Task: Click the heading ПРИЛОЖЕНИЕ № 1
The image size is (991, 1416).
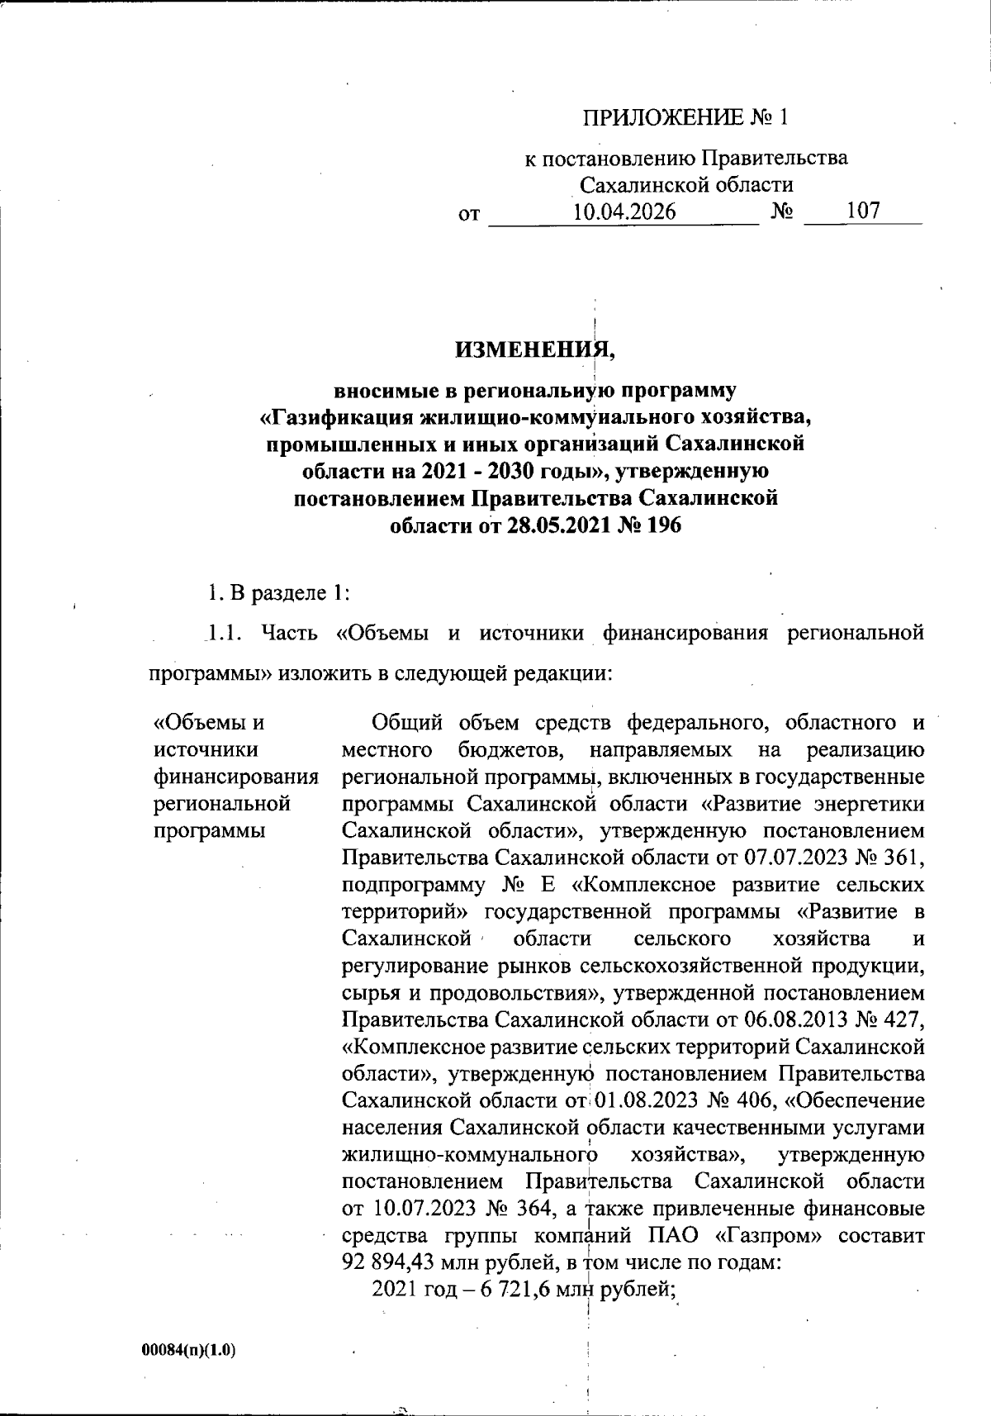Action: [x=686, y=118]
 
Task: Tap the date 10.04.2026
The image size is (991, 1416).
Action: [x=624, y=211]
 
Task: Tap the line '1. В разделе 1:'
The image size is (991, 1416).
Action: [x=279, y=592]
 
